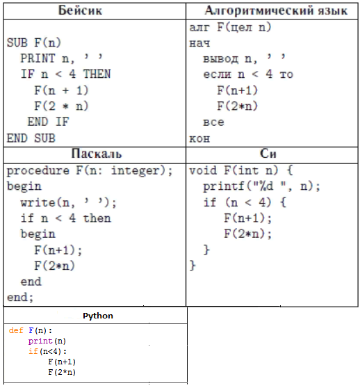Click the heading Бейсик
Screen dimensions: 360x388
click(80, 10)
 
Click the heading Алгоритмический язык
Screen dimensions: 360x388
click(276, 10)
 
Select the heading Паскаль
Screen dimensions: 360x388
click(97, 154)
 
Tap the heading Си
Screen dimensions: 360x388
click(268, 154)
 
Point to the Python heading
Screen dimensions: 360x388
click(98, 316)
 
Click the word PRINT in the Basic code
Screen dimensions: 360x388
click(38, 58)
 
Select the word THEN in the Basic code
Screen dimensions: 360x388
click(97, 74)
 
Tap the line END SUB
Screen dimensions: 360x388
click(31, 138)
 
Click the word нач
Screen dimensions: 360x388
click(199, 43)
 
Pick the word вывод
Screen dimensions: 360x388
click(221, 59)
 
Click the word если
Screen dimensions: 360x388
click(217, 74)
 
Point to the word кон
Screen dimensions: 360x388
click(199, 138)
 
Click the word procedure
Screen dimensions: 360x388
click(38, 171)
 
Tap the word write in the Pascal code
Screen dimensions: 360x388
click(38, 202)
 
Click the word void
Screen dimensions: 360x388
click(203, 170)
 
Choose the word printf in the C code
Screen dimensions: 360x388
click(224, 186)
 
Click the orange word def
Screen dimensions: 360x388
click(16, 330)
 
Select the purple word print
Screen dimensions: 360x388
click(40, 341)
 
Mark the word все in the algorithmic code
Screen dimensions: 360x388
click(213, 122)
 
